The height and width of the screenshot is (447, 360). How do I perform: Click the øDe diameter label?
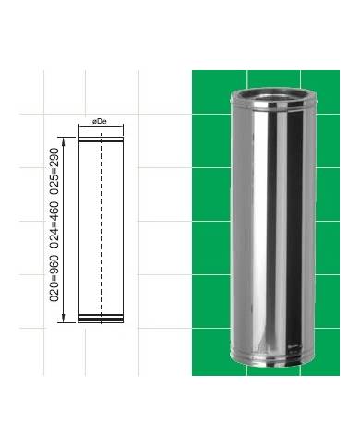(100, 122)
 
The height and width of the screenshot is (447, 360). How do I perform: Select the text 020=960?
(54, 278)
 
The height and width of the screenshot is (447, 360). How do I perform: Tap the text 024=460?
(54, 224)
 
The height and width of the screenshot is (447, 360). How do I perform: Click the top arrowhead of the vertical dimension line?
(64, 140)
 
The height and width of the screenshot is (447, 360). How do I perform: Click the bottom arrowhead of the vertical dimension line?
(64, 319)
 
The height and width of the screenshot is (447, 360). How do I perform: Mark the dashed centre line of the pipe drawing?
(101, 227)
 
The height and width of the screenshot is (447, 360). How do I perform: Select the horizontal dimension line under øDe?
(101, 126)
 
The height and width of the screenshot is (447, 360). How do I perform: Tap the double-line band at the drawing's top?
(101, 140)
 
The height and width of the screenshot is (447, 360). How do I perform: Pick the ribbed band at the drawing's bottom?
(101, 317)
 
